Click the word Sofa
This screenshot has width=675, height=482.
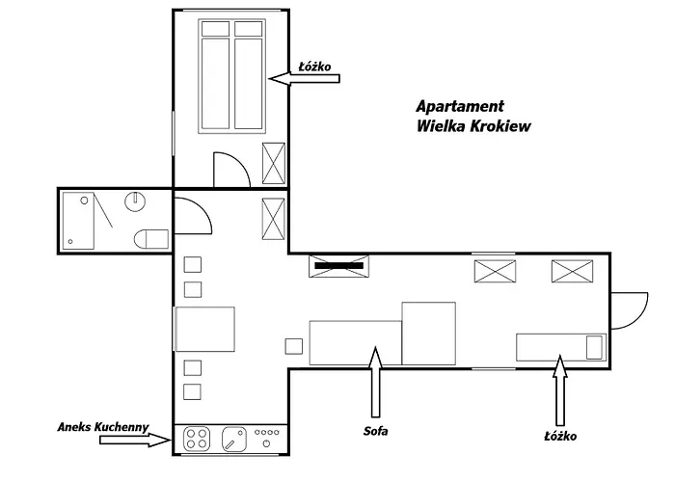click(375, 431)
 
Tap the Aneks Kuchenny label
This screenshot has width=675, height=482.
click(103, 427)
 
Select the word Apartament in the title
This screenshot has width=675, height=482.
click(460, 106)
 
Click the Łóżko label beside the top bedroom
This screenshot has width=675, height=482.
click(315, 67)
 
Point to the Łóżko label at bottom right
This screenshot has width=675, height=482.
click(560, 436)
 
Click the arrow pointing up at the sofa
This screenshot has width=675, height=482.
click(376, 382)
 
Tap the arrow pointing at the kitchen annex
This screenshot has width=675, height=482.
click(136, 440)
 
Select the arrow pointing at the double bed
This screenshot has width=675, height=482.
click(304, 78)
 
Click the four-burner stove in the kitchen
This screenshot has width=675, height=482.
click(197, 439)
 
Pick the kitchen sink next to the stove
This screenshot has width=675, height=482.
click(234, 439)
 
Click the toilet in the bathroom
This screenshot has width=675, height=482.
click(151, 239)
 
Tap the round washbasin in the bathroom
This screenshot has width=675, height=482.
click(135, 201)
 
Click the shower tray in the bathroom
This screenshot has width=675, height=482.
click(78, 221)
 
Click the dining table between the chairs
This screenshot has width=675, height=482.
click(204, 330)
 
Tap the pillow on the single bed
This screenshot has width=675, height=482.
click(595, 348)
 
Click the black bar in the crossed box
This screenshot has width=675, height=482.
click(338, 265)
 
